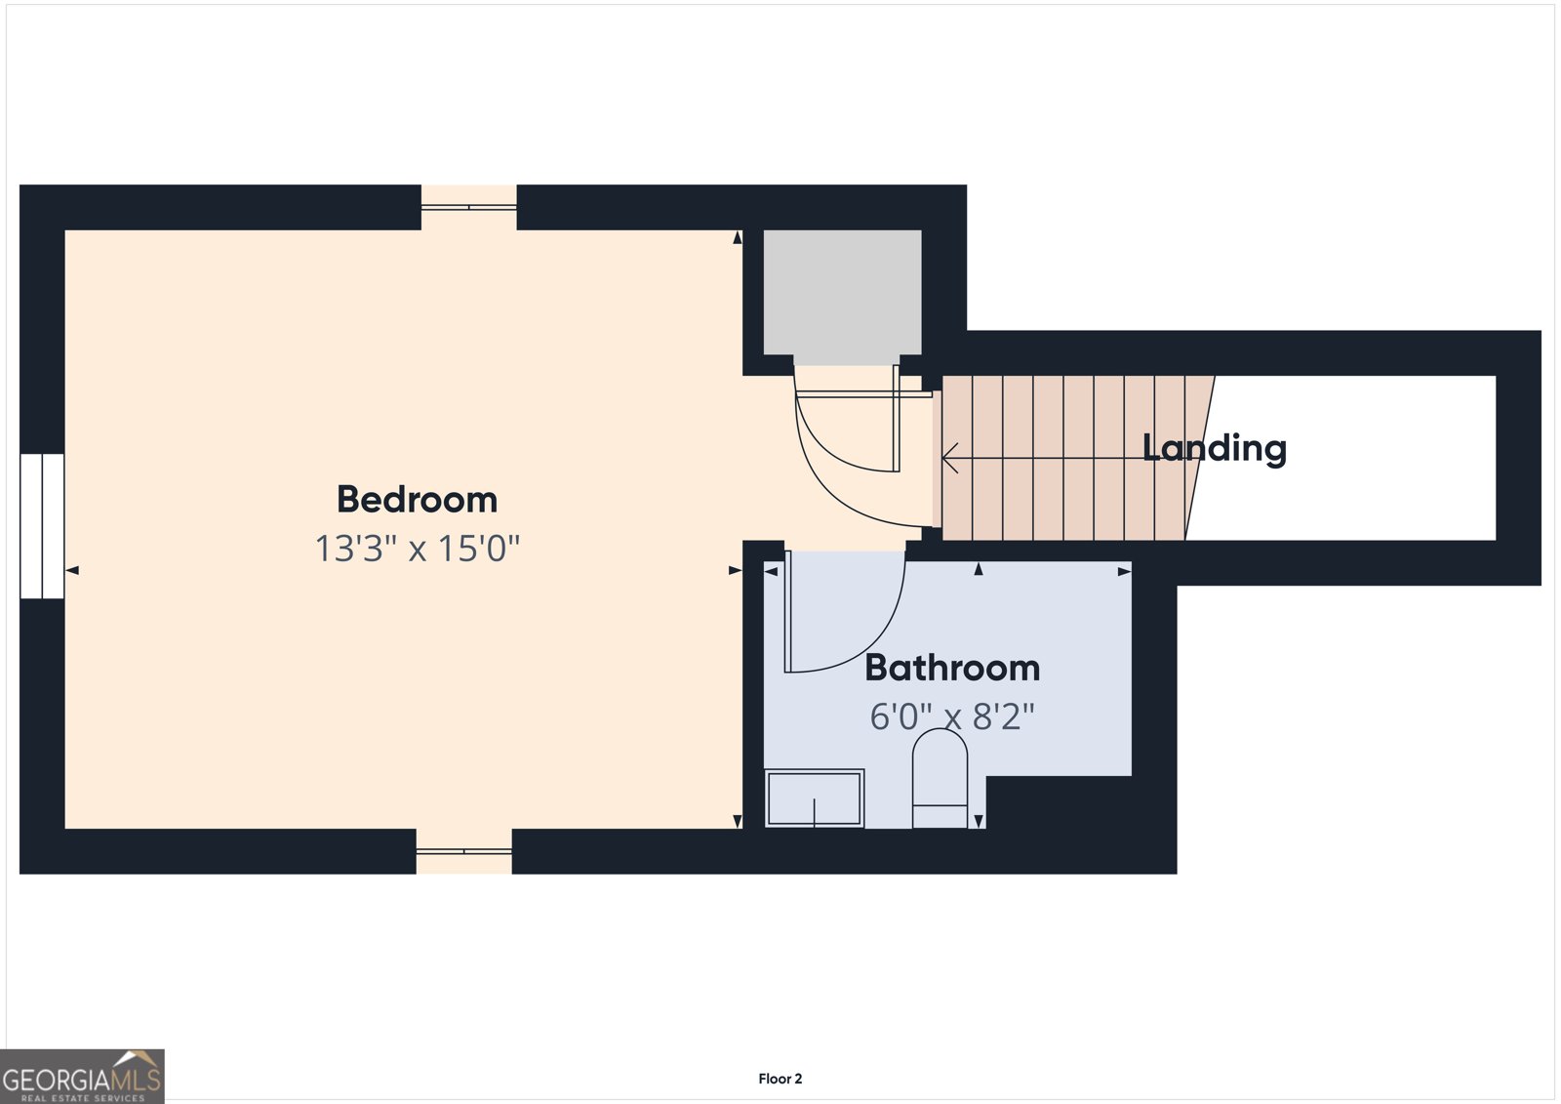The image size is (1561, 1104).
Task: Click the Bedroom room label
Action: pos(417,500)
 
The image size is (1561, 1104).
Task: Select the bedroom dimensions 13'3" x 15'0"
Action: pos(418,549)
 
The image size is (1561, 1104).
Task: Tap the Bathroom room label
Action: pos(952,668)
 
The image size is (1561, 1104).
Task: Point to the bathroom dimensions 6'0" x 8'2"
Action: pos(952,716)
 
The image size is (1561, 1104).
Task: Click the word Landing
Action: pos(1215,448)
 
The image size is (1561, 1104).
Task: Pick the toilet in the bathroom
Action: pos(940,778)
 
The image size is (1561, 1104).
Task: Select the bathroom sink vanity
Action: pos(815,798)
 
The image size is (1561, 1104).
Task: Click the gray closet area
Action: pos(843,292)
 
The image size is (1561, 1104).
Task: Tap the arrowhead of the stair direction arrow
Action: pos(949,458)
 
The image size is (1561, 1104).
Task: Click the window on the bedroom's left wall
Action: pos(42,526)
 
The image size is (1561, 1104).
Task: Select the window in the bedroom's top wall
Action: pos(469,207)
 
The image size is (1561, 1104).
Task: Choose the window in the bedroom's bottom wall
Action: pos(464,851)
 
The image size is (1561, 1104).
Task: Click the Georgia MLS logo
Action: pos(82,1076)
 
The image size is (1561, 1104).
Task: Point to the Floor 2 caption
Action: pos(780,1079)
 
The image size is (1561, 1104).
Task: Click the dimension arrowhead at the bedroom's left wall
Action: pos(72,570)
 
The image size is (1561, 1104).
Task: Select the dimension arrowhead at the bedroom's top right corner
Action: pos(738,237)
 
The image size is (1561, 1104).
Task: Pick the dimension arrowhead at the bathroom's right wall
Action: pos(1124,572)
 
